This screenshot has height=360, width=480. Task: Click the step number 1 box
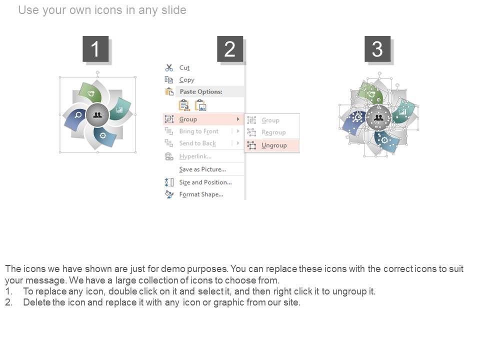point(95,48)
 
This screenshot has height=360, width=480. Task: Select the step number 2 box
point(230,48)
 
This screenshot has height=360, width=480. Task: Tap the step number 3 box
point(377,48)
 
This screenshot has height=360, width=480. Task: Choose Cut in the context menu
point(184,67)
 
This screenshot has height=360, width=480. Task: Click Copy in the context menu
point(186,80)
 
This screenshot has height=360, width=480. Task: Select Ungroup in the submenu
point(274,145)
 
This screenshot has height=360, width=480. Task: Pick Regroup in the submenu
point(273,132)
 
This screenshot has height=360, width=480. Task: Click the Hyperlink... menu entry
point(195,156)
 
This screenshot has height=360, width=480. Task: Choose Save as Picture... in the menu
point(202,169)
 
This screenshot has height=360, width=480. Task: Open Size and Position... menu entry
point(205,182)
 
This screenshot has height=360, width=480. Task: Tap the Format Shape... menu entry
point(201,194)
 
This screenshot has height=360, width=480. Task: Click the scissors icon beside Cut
point(169,67)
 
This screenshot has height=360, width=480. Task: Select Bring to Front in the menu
point(199,131)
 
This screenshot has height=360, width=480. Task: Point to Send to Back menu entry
point(197,143)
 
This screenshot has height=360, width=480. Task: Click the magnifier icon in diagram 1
point(78,115)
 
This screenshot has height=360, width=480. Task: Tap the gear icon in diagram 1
point(103,135)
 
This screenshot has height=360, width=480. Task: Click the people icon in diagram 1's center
point(97,115)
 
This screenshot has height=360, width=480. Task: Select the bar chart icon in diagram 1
point(119,109)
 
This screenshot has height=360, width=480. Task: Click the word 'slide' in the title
point(174,10)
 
